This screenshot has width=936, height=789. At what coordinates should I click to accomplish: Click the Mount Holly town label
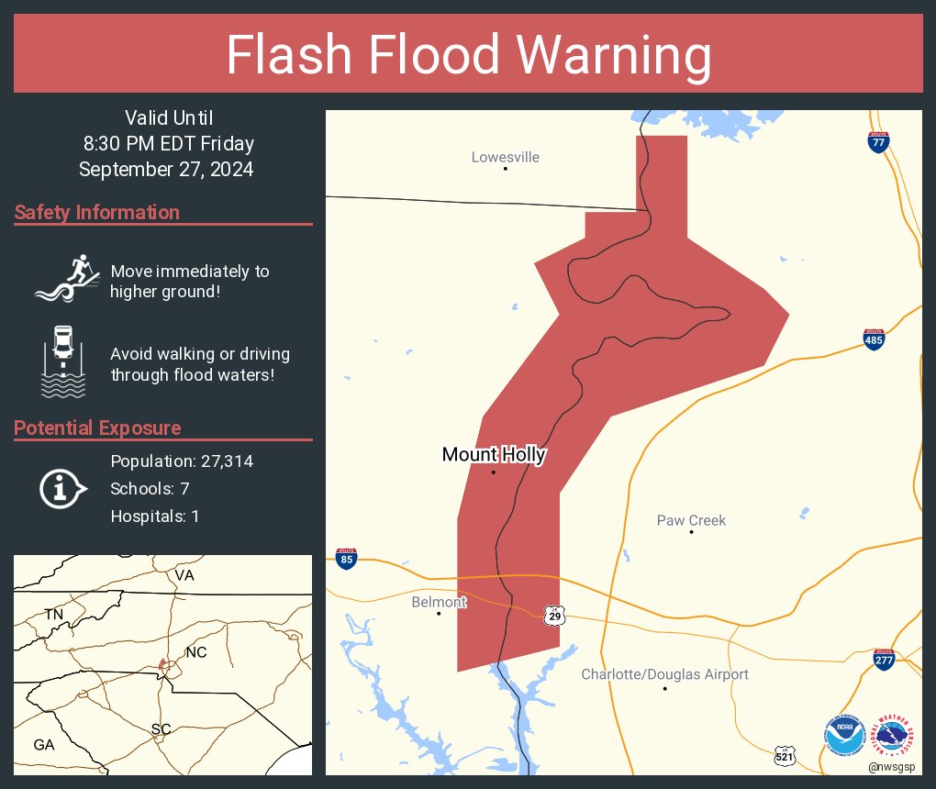(494, 454)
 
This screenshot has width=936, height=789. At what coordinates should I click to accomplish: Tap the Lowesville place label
(506, 157)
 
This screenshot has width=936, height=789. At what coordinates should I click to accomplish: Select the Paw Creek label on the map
(691, 520)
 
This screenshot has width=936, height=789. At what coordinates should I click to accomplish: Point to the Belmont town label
(439, 602)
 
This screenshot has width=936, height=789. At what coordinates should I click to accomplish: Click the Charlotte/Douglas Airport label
(665, 674)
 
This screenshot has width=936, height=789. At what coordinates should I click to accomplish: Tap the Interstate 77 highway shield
(878, 141)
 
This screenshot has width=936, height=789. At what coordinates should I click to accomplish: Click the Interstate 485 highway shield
(874, 339)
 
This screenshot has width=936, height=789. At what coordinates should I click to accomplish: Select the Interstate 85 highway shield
(345, 559)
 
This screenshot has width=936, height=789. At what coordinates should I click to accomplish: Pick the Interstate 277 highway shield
(884, 659)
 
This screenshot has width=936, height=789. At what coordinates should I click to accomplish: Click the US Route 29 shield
(553, 615)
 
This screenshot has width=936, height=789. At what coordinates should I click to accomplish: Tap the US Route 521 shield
(785, 754)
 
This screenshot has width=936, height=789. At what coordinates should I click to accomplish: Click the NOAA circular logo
(843, 736)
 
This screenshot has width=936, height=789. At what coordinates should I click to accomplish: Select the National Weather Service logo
(893, 734)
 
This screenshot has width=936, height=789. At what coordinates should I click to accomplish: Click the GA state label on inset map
(43, 745)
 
